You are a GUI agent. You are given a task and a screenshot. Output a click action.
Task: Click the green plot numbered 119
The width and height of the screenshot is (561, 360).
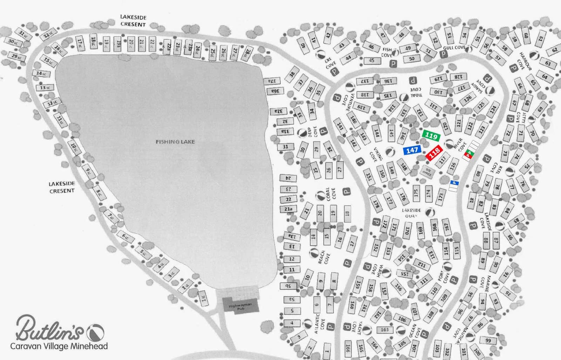(431, 136)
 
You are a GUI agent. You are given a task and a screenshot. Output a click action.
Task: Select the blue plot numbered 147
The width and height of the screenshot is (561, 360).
(412, 150)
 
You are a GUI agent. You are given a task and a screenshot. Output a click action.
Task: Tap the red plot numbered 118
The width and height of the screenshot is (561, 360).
(434, 153)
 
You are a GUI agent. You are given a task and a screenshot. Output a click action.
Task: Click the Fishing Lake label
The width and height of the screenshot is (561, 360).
(175, 142)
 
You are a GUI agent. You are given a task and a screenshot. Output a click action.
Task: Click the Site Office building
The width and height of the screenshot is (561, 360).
(427, 172)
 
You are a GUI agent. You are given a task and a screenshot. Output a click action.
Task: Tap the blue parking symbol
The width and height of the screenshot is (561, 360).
(454, 183)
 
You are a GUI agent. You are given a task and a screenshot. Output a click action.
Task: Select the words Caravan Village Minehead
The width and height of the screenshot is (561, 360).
(59, 347)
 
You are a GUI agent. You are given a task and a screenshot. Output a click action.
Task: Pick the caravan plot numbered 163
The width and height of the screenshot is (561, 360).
(385, 329)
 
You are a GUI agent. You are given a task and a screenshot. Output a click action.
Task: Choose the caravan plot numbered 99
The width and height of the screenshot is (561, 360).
(488, 340)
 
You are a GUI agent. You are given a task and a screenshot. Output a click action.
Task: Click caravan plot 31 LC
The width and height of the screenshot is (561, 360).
(23, 34)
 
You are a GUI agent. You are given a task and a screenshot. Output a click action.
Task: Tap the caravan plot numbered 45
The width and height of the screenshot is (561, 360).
(372, 60)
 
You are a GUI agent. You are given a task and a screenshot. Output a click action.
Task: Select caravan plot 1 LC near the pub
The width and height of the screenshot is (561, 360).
(203, 298)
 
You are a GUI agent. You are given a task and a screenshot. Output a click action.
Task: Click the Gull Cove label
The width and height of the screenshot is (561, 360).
(454, 47)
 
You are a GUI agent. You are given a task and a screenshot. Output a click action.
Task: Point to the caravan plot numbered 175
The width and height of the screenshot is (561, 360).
(416, 193)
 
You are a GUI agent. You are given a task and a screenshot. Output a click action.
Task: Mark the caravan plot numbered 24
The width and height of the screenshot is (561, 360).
(288, 178)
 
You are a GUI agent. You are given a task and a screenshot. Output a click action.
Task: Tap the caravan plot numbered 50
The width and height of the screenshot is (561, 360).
(412, 59)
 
